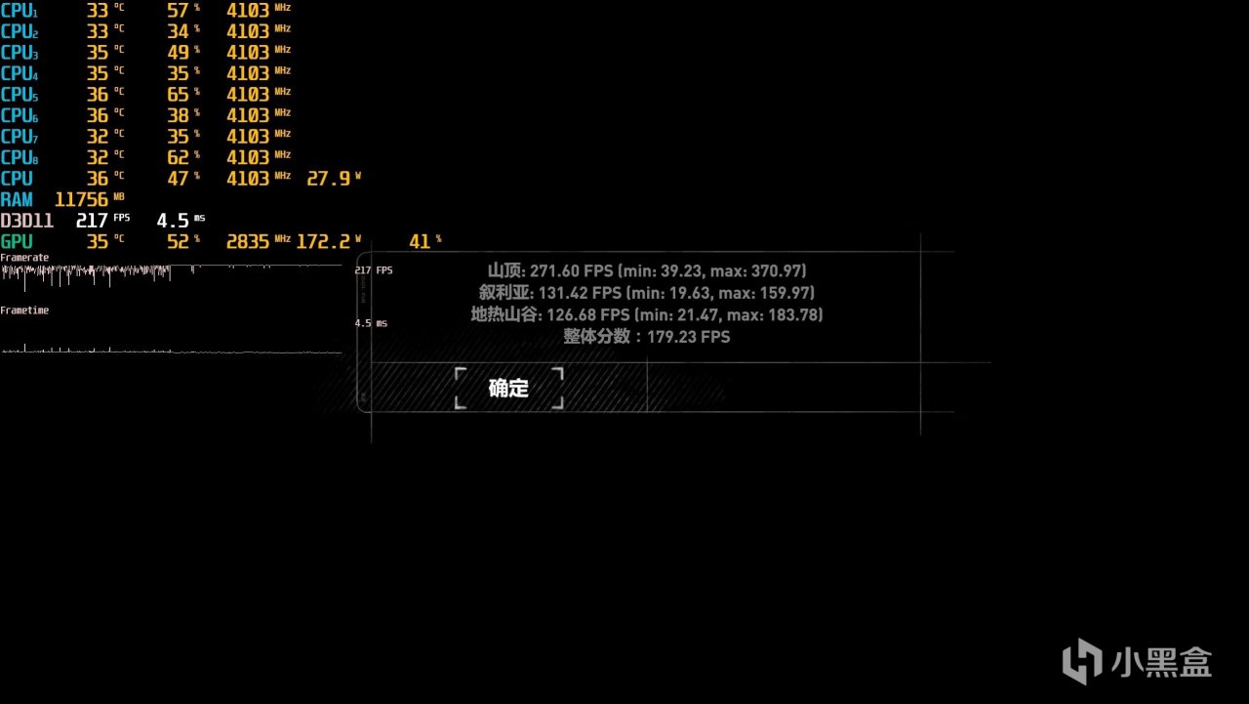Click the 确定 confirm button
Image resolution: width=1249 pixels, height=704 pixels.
click(x=508, y=389)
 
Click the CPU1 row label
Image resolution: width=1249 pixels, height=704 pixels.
click(x=19, y=11)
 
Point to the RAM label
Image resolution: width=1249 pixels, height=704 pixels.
click(x=17, y=199)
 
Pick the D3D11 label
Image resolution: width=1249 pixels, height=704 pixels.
click(x=26, y=221)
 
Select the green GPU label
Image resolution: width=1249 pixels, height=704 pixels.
click(x=17, y=241)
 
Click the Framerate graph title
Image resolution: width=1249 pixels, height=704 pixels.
click(x=24, y=258)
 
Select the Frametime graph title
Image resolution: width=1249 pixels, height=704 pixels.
click(x=24, y=311)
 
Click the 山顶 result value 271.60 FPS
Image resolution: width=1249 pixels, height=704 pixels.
click(x=571, y=271)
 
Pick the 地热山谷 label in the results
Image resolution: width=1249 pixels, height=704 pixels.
click(x=504, y=314)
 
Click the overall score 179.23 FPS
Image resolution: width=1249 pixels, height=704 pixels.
click(x=688, y=337)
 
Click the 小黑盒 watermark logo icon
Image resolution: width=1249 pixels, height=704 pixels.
click(x=1082, y=662)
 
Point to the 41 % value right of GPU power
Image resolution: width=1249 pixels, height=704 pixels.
click(x=424, y=241)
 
